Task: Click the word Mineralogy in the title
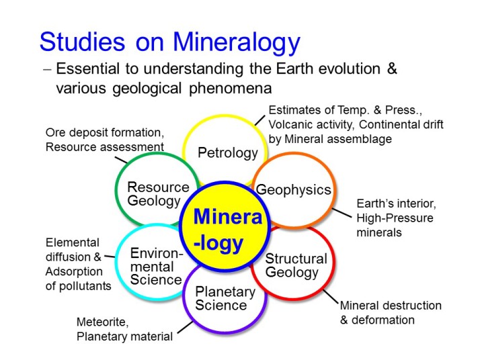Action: coord(237,42)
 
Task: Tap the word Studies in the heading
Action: coord(82,41)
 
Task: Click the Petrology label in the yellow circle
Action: coord(228,153)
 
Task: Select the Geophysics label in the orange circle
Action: coord(294,190)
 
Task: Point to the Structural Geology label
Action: coord(296,266)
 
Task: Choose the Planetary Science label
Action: coord(225,298)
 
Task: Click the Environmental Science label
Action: coord(156,267)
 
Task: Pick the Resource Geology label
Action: coord(158,195)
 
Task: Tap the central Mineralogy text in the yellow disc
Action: coord(228,230)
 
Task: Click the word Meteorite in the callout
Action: coord(103,322)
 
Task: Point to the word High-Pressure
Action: coord(395,218)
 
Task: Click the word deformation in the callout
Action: coord(383,320)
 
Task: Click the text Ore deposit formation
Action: coord(105,133)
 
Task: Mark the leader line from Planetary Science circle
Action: coord(185,327)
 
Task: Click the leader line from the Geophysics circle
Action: coord(342,213)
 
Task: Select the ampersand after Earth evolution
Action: coord(392,69)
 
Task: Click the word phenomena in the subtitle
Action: coord(230,89)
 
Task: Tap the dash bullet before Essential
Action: coord(48,69)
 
